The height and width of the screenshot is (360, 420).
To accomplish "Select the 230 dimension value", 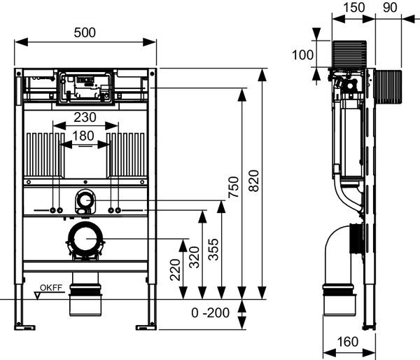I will [x=86, y=118].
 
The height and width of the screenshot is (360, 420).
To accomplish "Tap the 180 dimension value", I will [x=86, y=135].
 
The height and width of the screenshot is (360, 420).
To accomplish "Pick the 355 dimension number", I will [x=213, y=250].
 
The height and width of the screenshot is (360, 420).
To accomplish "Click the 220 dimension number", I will [x=175, y=268].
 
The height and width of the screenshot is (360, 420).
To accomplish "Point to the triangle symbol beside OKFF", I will [x=38, y=295].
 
